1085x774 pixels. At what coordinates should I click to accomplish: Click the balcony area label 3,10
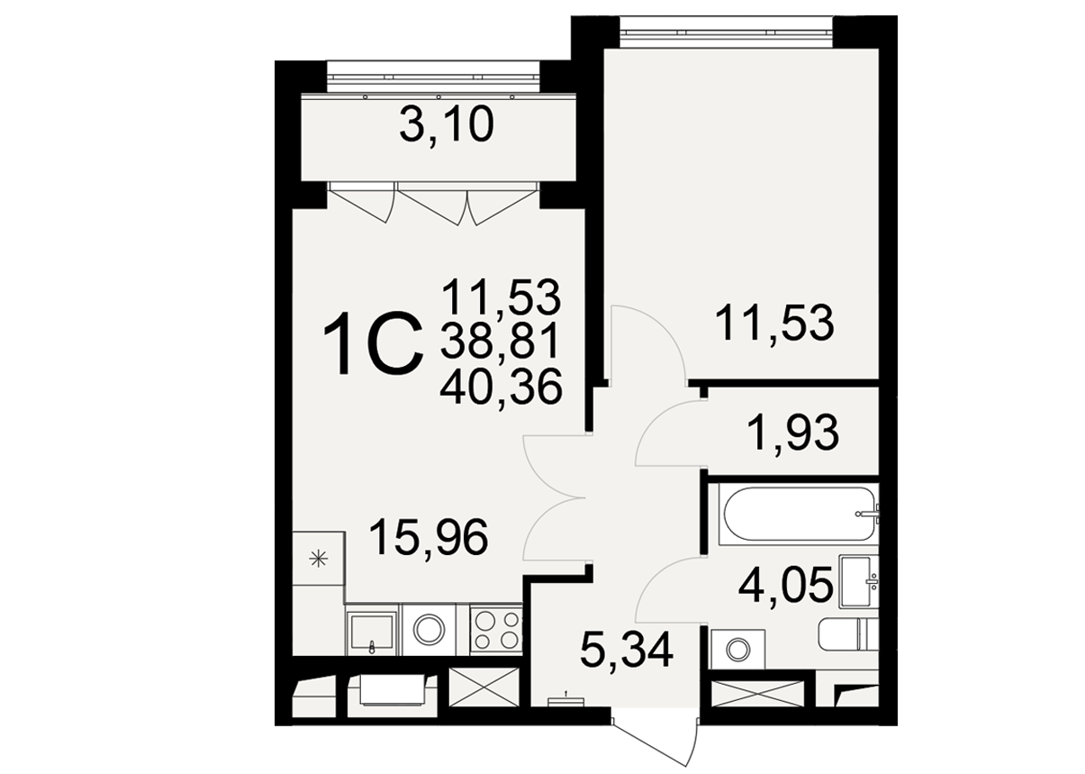click(447, 125)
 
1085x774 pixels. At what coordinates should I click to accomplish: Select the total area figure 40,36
click(501, 386)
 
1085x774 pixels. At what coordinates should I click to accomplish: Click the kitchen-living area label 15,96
click(429, 537)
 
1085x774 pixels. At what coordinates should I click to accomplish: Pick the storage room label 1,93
click(793, 433)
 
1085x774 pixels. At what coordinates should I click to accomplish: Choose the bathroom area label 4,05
click(785, 586)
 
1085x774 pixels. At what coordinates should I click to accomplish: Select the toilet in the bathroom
click(848, 634)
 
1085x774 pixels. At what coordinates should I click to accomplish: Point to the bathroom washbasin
click(859, 581)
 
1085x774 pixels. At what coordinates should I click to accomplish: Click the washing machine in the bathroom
click(737, 649)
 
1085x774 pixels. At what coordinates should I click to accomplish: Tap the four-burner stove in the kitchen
click(496, 631)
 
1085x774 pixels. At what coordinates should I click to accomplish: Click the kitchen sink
click(372, 632)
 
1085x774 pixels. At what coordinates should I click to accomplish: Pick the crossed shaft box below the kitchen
click(484, 687)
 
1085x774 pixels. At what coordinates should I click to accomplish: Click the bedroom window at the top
click(726, 32)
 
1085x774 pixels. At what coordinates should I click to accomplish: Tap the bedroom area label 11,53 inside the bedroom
click(774, 323)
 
